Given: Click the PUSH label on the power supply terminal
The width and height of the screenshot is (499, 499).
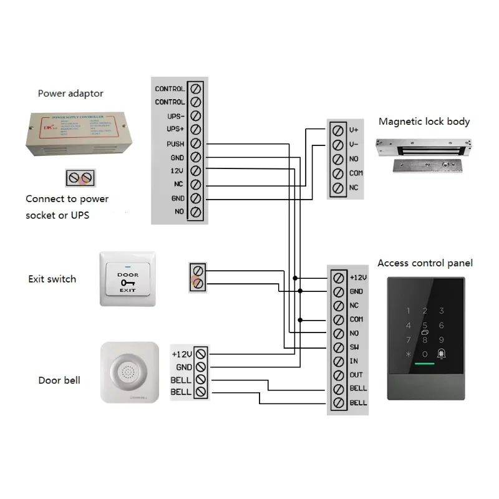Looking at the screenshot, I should click(176, 144).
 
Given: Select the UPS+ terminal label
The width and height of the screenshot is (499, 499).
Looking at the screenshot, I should click(176, 130).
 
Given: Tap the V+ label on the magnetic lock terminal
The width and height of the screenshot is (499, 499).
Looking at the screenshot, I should click(354, 130).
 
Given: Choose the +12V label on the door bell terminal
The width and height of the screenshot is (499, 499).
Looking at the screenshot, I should click(182, 354).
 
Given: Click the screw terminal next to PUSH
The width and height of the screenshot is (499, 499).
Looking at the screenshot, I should click(195, 144).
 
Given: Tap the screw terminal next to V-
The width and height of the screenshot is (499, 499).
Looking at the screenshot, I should click(337, 145).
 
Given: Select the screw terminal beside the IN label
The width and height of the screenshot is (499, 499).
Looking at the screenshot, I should click(338, 361).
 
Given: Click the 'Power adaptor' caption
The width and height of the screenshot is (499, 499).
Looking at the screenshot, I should click(70, 94).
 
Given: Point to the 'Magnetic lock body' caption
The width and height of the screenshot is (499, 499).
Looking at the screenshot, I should click(424, 122).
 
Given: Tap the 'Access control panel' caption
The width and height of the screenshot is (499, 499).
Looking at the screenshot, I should click(425, 263).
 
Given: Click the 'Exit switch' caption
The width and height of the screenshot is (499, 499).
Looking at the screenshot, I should click(52, 279).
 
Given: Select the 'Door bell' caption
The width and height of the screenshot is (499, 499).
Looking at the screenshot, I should click(59, 380).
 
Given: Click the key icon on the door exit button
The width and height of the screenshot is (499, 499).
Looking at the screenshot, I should click(128, 283).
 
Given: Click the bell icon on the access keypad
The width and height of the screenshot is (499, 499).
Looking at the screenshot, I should click(441, 353).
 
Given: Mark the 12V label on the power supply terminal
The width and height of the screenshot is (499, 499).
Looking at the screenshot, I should click(177, 171).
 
